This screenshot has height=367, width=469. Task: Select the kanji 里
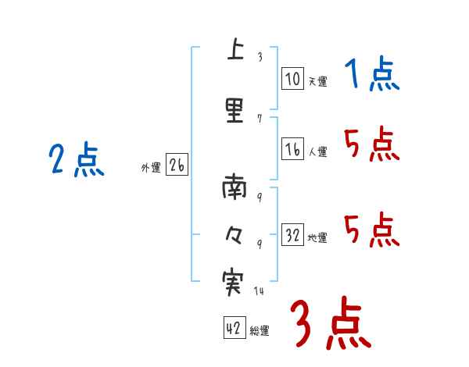[x=234, y=109]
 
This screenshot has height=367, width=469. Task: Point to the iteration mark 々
[x=233, y=233]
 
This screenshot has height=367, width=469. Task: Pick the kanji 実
[x=232, y=282]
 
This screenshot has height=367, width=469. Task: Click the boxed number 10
[x=292, y=78]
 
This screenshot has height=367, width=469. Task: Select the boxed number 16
[x=292, y=149]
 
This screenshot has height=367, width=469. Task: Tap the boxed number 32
[x=292, y=235]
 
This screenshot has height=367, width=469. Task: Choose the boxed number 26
[x=177, y=166]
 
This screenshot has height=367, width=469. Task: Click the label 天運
[x=317, y=81]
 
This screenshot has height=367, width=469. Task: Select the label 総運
[x=260, y=331]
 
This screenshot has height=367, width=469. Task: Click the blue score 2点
[x=76, y=161]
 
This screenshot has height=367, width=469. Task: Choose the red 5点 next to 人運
[x=371, y=144]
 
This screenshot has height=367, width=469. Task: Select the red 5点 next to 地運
[x=371, y=230]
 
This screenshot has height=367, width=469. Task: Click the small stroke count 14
[x=259, y=291]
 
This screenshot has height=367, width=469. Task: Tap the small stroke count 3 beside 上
[x=260, y=56]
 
